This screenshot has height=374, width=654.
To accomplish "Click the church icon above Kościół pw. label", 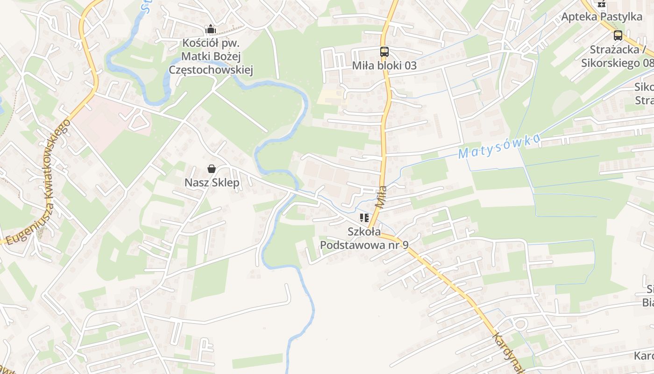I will (x=211, y=29).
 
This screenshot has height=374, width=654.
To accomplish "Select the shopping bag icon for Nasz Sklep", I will (x=212, y=169).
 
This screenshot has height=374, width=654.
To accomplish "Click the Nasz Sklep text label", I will (x=212, y=182).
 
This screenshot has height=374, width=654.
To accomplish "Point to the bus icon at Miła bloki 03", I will (x=384, y=52).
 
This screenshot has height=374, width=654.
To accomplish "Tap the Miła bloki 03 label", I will (x=384, y=65).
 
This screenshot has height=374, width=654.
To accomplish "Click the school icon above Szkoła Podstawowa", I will (x=364, y=218).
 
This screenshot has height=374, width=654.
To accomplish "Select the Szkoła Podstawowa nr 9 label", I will (x=364, y=238).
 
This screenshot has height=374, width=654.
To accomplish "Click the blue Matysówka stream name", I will (x=499, y=146).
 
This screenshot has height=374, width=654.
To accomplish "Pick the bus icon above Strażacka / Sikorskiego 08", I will (x=618, y=35).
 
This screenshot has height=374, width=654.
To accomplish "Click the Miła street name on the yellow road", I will (x=381, y=197).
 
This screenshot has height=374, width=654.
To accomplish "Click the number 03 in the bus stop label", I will (x=409, y=65).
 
